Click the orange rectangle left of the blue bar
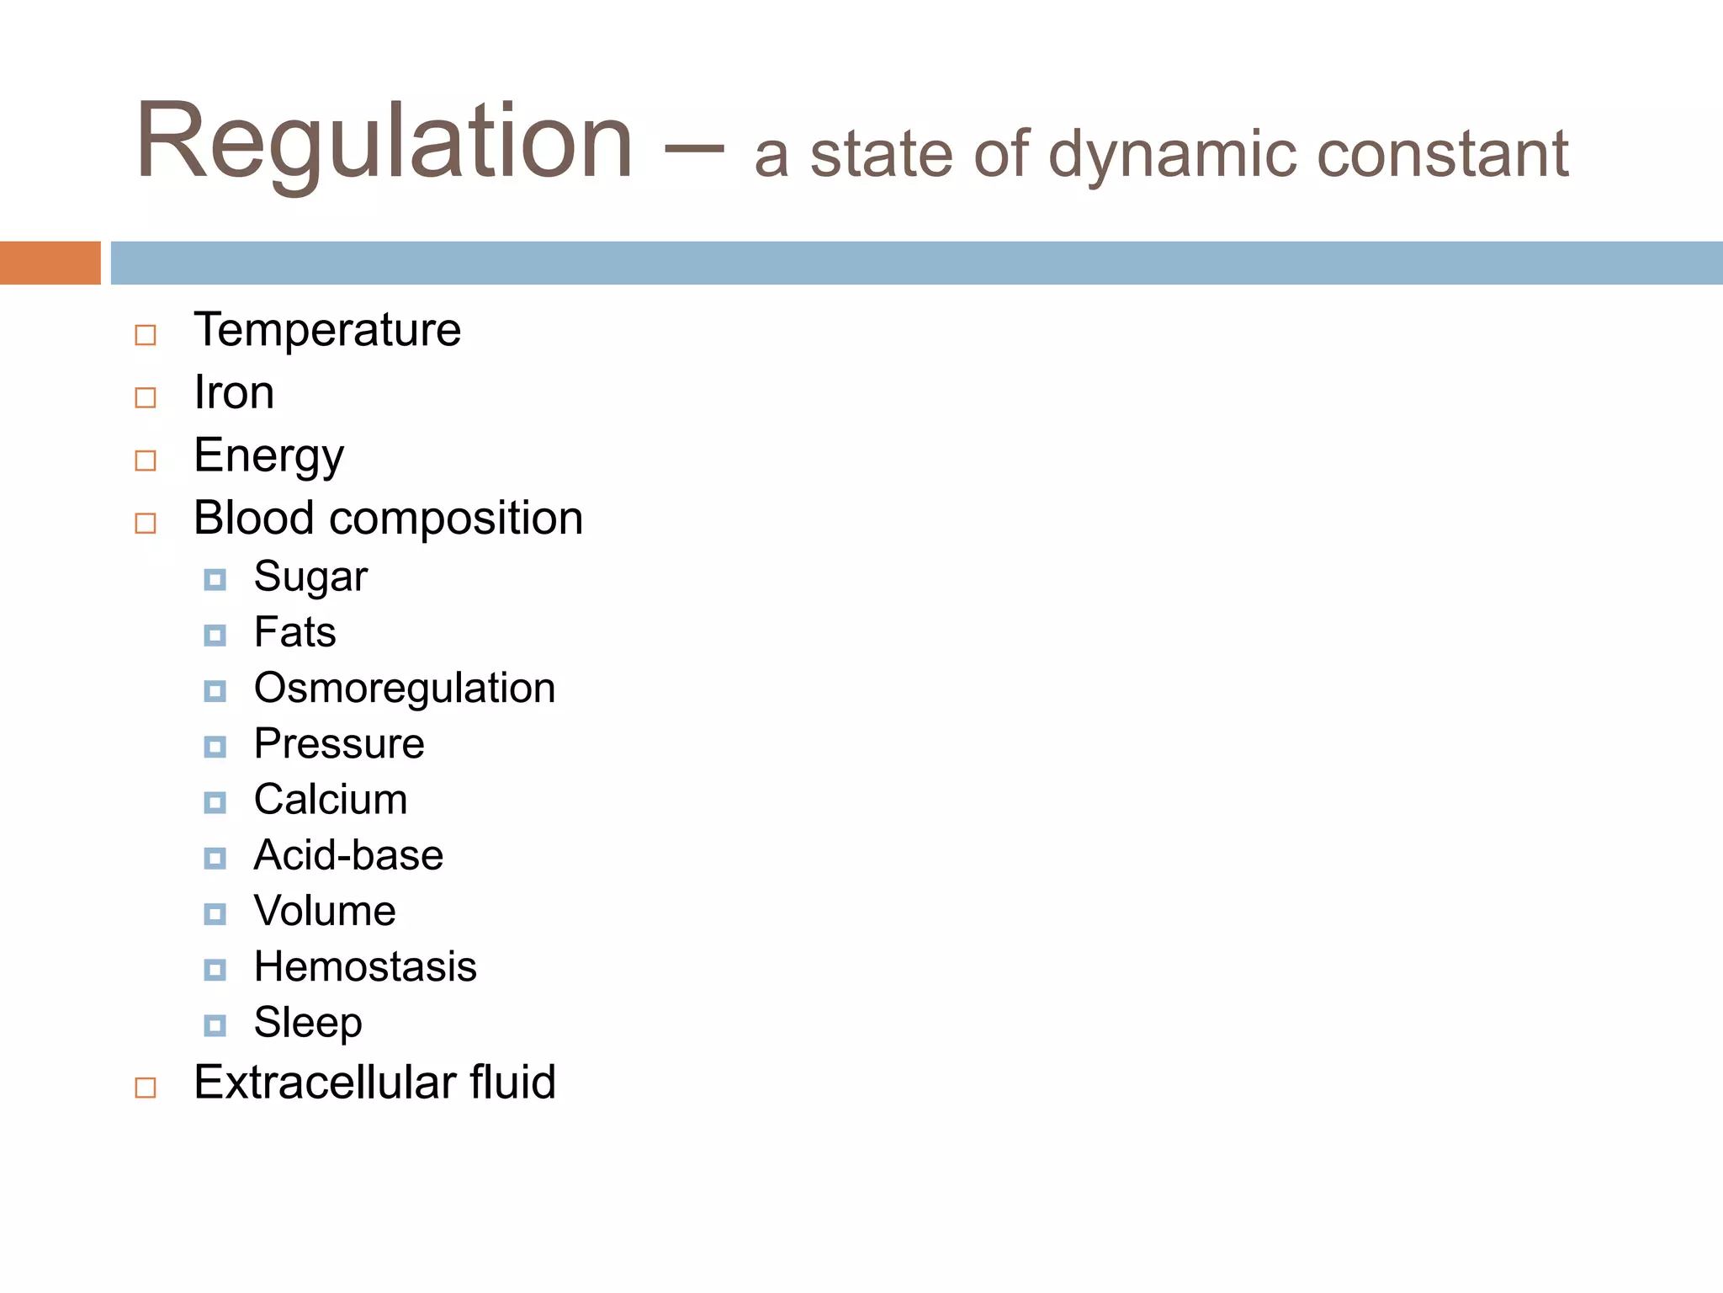point(50,263)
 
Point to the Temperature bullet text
point(327,329)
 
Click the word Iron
point(234,392)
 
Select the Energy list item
point(268,456)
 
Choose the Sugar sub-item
point(310,577)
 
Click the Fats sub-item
point(294,632)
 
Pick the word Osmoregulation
point(405,689)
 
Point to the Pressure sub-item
point(339,744)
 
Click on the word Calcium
point(331,800)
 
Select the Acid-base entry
point(348,855)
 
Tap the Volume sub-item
point(325,911)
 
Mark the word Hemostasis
point(365,966)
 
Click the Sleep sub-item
point(308,1023)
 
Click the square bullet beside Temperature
point(146,335)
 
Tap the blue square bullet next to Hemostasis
point(215,970)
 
